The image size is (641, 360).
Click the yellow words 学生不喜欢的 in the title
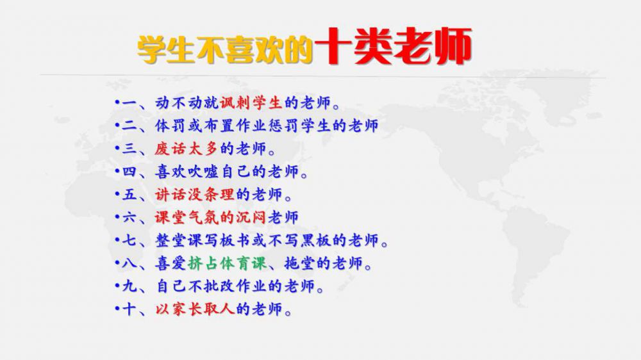tap(225, 50)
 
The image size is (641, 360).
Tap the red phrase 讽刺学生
tap(251, 103)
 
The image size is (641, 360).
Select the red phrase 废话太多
tap(186, 149)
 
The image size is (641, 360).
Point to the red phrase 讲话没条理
tap(194, 194)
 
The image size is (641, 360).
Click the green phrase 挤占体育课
tap(228, 263)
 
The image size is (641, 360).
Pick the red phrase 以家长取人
tap(194, 309)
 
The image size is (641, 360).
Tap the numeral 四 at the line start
tap(129, 171)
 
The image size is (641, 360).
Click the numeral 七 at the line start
tap(129, 240)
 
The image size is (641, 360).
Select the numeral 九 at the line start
tap(129, 286)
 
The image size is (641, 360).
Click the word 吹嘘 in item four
tap(203, 171)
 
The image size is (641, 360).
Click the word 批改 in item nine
tap(212, 286)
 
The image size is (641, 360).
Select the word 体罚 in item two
tap(170, 126)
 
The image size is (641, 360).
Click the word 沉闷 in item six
tap(251, 217)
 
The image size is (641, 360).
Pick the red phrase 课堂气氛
tap(186, 217)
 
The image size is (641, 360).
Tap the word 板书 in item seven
tap(235, 240)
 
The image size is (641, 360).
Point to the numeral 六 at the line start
tap(129, 217)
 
